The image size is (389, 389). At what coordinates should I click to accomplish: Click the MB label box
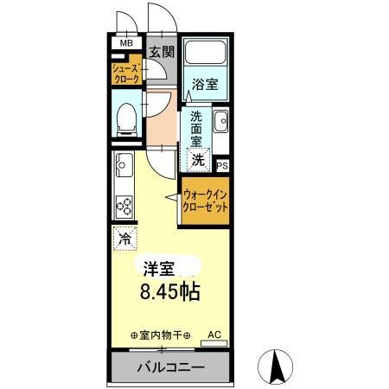[x=126, y=43]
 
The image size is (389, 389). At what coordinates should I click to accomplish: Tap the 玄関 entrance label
[x=162, y=52]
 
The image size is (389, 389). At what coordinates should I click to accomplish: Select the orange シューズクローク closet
[x=125, y=72]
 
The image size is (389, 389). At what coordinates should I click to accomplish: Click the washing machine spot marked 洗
[x=199, y=159]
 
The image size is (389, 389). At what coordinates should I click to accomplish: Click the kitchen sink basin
[x=122, y=163]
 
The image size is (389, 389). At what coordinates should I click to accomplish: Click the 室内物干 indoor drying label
[x=160, y=334]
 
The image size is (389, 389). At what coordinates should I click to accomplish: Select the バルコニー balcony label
[x=170, y=367]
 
